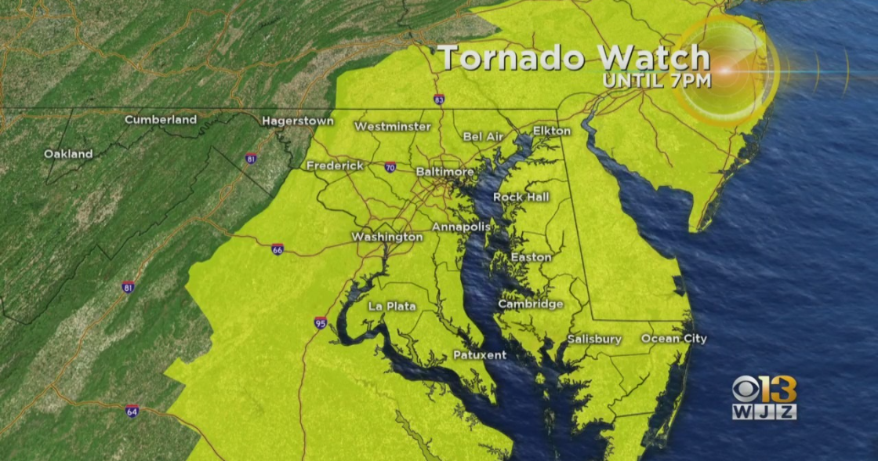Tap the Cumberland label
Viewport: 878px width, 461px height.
[161, 120]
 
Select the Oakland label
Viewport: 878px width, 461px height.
[68, 154]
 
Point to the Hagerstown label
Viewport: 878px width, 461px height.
[298, 122]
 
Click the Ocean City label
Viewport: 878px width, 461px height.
[673, 339]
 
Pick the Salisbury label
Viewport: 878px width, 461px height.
[595, 339]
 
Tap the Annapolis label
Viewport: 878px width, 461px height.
[461, 227]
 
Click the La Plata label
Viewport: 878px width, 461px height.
[392, 307]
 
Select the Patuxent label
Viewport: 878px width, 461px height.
[480, 355]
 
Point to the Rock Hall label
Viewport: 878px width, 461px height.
[521, 198]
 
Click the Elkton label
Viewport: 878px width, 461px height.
[552, 131]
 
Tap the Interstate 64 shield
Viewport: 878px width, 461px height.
[132, 411]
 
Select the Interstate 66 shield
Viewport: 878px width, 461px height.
[278, 249]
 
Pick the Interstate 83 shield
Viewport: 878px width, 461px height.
[439, 100]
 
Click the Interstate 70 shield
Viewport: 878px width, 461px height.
[390, 167]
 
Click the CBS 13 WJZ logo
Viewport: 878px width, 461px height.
[764, 397]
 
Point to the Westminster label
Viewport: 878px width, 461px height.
[392, 126]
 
